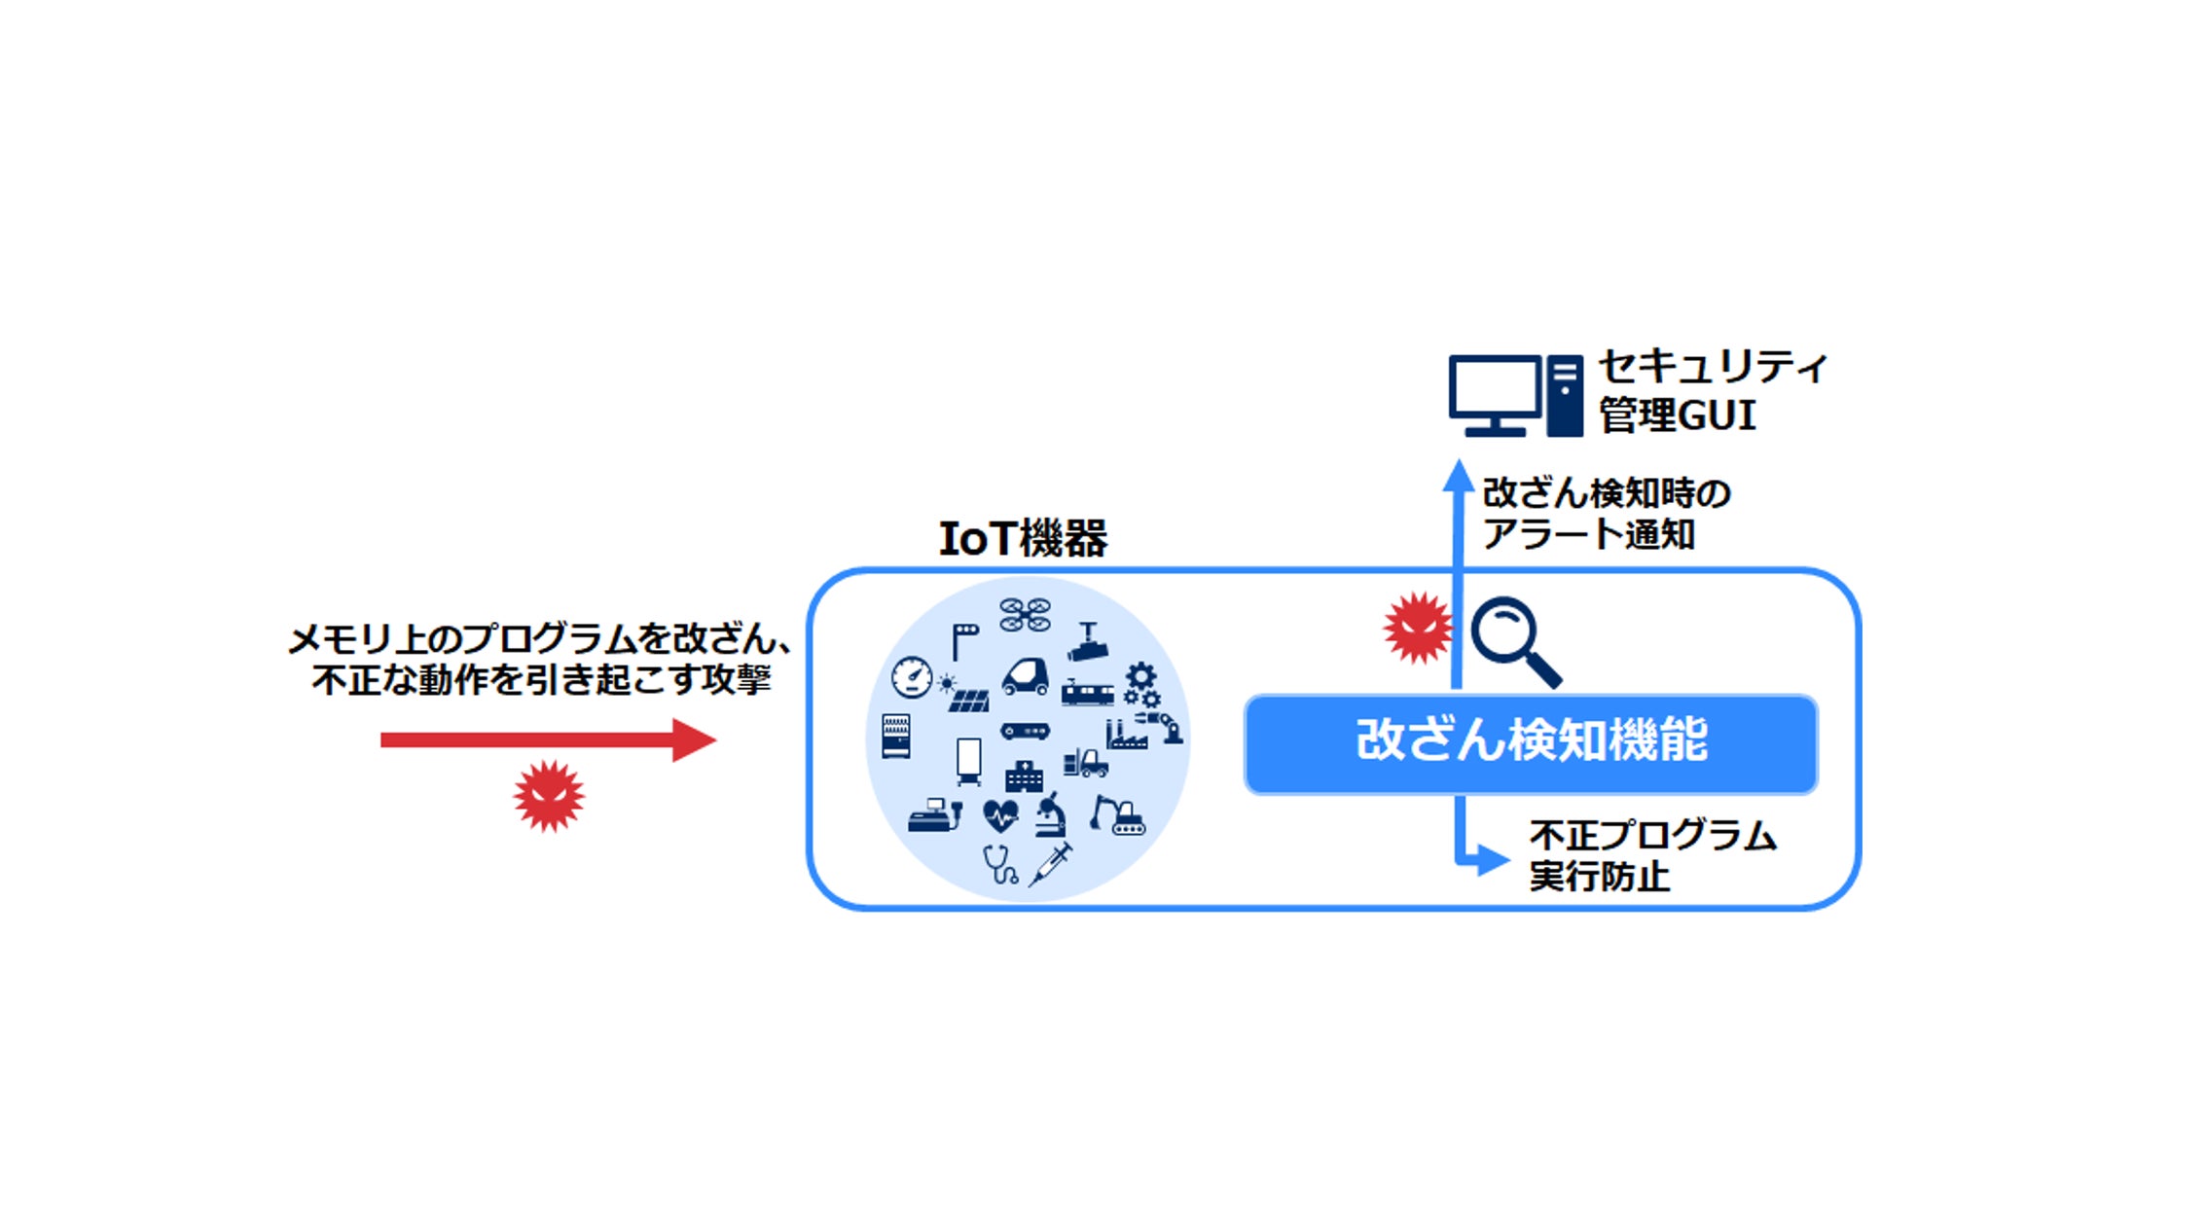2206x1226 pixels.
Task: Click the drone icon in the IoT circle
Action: point(1025,615)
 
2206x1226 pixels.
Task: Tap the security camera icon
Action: point(1088,641)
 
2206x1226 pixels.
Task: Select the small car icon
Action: point(1025,677)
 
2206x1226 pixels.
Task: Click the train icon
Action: point(1087,692)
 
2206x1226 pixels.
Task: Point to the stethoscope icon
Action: point(999,863)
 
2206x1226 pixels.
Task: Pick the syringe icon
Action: point(1051,864)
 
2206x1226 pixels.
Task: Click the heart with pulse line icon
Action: point(999,815)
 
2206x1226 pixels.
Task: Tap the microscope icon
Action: point(1050,815)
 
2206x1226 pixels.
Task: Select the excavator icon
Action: point(1118,815)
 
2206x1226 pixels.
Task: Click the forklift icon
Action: point(1086,763)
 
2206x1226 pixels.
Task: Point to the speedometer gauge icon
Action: point(912,677)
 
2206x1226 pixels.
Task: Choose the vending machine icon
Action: point(895,736)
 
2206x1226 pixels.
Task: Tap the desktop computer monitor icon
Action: point(1496,395)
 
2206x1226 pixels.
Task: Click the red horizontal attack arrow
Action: point(548,740)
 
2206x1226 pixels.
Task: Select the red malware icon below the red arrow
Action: point(549,797)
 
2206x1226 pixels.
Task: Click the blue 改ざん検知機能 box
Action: point(1531,744)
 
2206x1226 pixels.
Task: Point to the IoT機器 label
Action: point(1023,538)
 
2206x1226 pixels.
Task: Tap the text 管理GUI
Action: point(1678,415)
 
